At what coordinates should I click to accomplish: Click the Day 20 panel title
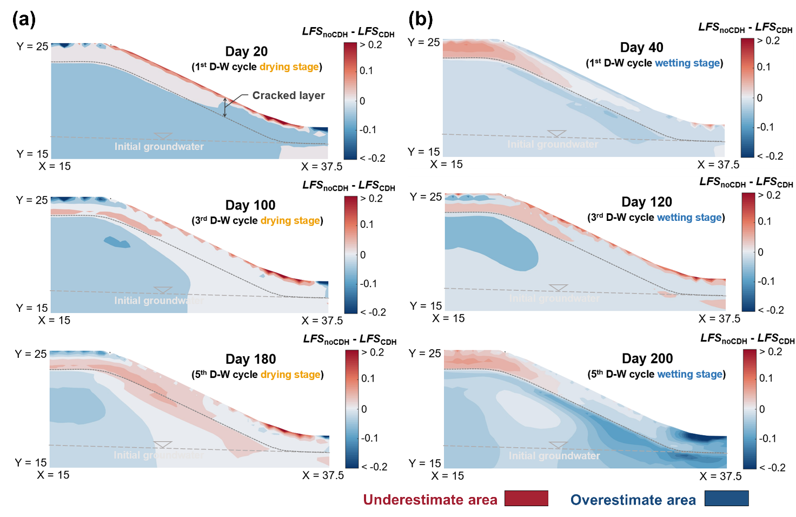(247, 51)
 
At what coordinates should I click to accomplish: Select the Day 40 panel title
(641, 48)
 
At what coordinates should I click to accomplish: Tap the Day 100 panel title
(250, 205)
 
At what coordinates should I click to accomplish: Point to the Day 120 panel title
(647, 202)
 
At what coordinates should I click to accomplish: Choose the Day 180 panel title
(250, 359)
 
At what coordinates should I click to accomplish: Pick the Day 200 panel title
(647, 358)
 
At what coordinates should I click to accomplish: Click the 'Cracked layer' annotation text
(288, 95)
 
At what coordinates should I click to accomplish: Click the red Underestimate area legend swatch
(526, 499)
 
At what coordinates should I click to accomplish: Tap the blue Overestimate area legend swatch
(726, 499)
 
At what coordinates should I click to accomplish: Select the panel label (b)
(421, 19)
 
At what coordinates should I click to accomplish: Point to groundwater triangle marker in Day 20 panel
(163, 136)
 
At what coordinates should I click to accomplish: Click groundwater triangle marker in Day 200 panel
(558, 445)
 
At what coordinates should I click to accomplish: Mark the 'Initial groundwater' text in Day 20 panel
(159, 147)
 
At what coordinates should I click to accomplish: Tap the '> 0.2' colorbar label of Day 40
(768, 41)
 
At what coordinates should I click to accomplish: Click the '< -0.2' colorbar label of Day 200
(772, 467)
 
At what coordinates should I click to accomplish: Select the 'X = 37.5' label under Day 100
(322, 320)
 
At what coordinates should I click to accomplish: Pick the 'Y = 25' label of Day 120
(426, 197)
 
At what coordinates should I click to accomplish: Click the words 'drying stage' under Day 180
(290, 375)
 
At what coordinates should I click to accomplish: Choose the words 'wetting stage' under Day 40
(687, 63)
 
